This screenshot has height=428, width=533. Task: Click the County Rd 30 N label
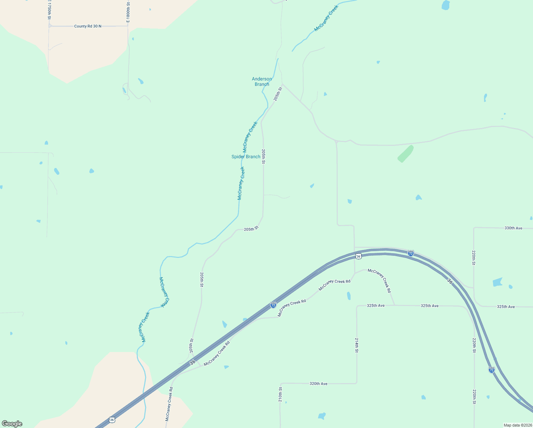[88, 26]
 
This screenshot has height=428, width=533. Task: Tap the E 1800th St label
[128, 12]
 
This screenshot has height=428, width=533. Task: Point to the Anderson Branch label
[262, 82]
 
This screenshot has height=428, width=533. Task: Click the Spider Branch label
[246, 157]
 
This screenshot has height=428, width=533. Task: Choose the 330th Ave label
[513, 228]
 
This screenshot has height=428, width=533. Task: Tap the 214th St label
[357, 345]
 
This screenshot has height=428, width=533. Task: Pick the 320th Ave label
[318, 384]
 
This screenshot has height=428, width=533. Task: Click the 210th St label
[280, 394]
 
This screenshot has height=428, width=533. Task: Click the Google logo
[12, 424]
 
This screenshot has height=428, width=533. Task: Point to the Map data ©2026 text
[518, 425]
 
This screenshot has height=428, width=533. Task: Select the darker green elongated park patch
[405, 154]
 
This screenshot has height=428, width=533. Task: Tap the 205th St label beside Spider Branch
[263, 156]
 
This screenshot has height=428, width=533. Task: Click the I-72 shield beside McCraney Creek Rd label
[273, 305]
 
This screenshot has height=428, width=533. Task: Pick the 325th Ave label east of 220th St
[506, 307]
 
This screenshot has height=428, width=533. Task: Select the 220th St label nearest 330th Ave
[474, 258]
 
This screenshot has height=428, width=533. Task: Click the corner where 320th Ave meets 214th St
[357, 383]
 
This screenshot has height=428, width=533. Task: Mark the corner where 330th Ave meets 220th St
[474, 228]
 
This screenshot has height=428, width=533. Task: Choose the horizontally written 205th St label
[251, 229]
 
